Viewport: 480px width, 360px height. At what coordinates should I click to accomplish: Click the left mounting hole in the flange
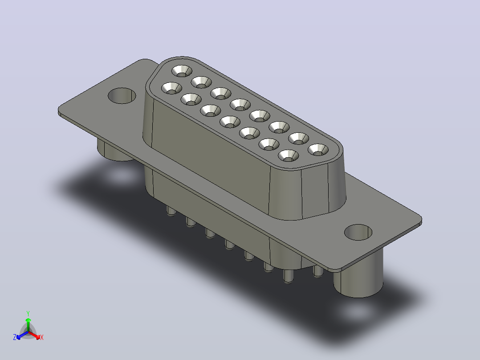point(122,96)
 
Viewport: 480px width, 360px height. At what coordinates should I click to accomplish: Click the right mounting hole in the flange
point(358,232)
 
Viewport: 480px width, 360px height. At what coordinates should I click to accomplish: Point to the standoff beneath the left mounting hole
point(113,151)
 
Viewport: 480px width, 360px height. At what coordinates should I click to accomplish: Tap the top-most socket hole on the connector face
point(182,71)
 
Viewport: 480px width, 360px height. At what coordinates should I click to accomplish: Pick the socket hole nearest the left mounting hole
point(171,88)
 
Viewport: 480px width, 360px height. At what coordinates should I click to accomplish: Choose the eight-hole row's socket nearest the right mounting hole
point(318,150)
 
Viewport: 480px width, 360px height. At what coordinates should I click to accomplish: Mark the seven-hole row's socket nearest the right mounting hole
point(289,155)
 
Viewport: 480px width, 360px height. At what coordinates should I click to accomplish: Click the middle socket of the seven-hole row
point(230,122)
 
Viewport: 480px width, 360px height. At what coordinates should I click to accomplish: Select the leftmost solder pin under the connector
point(171,210)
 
